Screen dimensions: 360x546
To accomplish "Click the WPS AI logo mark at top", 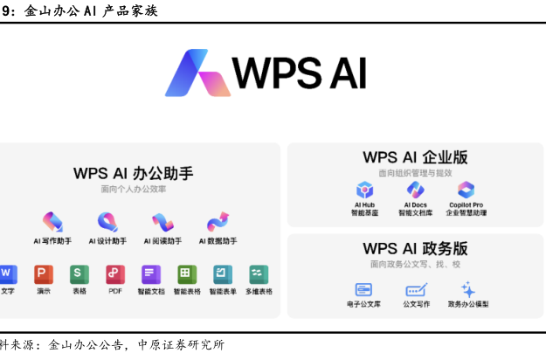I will tap(198, 73).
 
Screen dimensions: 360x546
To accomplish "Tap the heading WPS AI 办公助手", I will tap(134, 173).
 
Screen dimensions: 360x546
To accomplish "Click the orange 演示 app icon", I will tap(44, 273).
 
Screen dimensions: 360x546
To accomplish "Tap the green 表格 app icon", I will tap(79, 273).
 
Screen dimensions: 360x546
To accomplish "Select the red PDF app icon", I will tap(115, 273).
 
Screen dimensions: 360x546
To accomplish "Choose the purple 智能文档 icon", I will tap(150, 273).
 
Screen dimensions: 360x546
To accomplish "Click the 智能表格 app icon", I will tap(187, 273).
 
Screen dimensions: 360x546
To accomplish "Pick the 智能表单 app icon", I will tap(223, 273).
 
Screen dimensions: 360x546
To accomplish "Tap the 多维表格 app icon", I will tap(259, 273).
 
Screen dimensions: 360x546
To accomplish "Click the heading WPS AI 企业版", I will tap(415, 157).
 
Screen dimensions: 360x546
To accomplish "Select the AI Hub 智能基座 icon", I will tap(364, 190).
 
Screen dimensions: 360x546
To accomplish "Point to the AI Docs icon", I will tap(415, 190).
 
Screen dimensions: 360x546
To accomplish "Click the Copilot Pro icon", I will tap(466, 190).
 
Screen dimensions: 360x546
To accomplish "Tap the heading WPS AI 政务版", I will tap(415, 248).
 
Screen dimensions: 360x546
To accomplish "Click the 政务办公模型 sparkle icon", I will tap(468, 289).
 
